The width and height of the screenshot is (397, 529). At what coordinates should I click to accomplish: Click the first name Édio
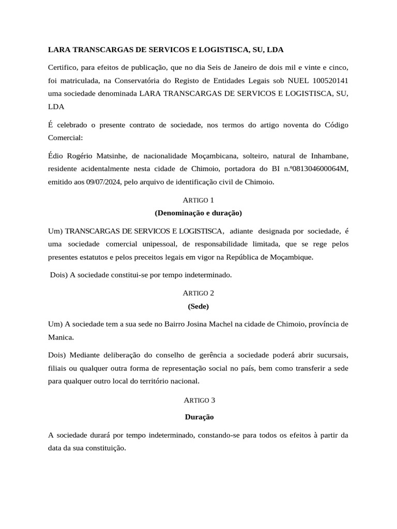[x=56, y=155]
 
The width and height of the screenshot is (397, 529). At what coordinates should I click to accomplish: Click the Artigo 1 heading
[x=198, y=200]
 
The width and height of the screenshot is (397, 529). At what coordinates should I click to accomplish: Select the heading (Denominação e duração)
[x=198, y=213]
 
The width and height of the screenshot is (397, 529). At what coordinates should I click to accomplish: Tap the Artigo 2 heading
[x=198, y=293]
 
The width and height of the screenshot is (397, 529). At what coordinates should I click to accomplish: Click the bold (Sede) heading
[x=198, y=306]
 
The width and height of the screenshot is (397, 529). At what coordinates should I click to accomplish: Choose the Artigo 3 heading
[x=198, y=400]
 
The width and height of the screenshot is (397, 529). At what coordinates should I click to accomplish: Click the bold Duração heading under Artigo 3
[x=199, y=416]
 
